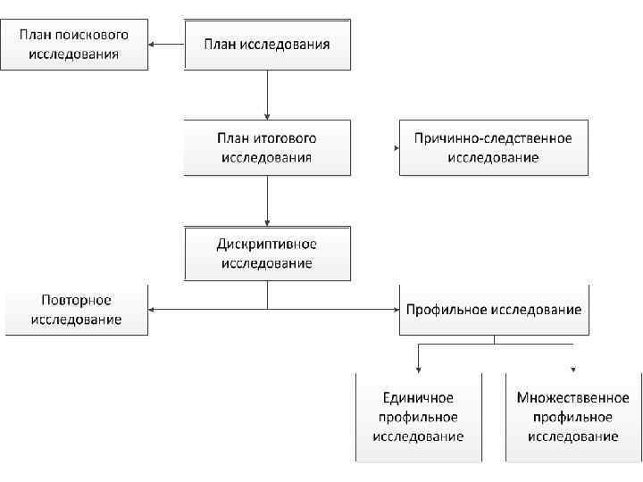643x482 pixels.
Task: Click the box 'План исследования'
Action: [267, 45]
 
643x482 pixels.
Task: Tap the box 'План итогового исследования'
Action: [267, 147]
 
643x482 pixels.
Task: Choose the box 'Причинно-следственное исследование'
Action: [493, 147]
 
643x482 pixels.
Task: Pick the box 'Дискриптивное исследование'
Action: [267, 253]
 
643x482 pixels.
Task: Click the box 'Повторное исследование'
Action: [77, 310]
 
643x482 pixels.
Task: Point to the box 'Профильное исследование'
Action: [493, 310]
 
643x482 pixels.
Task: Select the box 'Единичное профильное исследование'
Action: [418, 417]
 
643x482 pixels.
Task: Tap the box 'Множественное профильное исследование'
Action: [572, 417]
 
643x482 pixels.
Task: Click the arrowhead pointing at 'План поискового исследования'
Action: [153, 45]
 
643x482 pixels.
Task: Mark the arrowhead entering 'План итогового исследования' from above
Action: [267, 116]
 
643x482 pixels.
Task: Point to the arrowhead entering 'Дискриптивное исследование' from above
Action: [267, 221]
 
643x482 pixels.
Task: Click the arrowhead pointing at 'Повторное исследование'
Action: [153, 310]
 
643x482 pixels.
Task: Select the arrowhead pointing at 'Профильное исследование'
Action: [396, 310]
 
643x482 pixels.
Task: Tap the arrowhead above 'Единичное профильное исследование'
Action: [418, 369]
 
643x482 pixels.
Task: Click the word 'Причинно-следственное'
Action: [493, 138]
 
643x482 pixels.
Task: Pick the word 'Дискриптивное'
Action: [267, 244]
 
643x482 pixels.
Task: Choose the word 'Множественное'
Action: [572, 398]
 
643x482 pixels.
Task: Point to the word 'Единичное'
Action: [418, 398]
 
